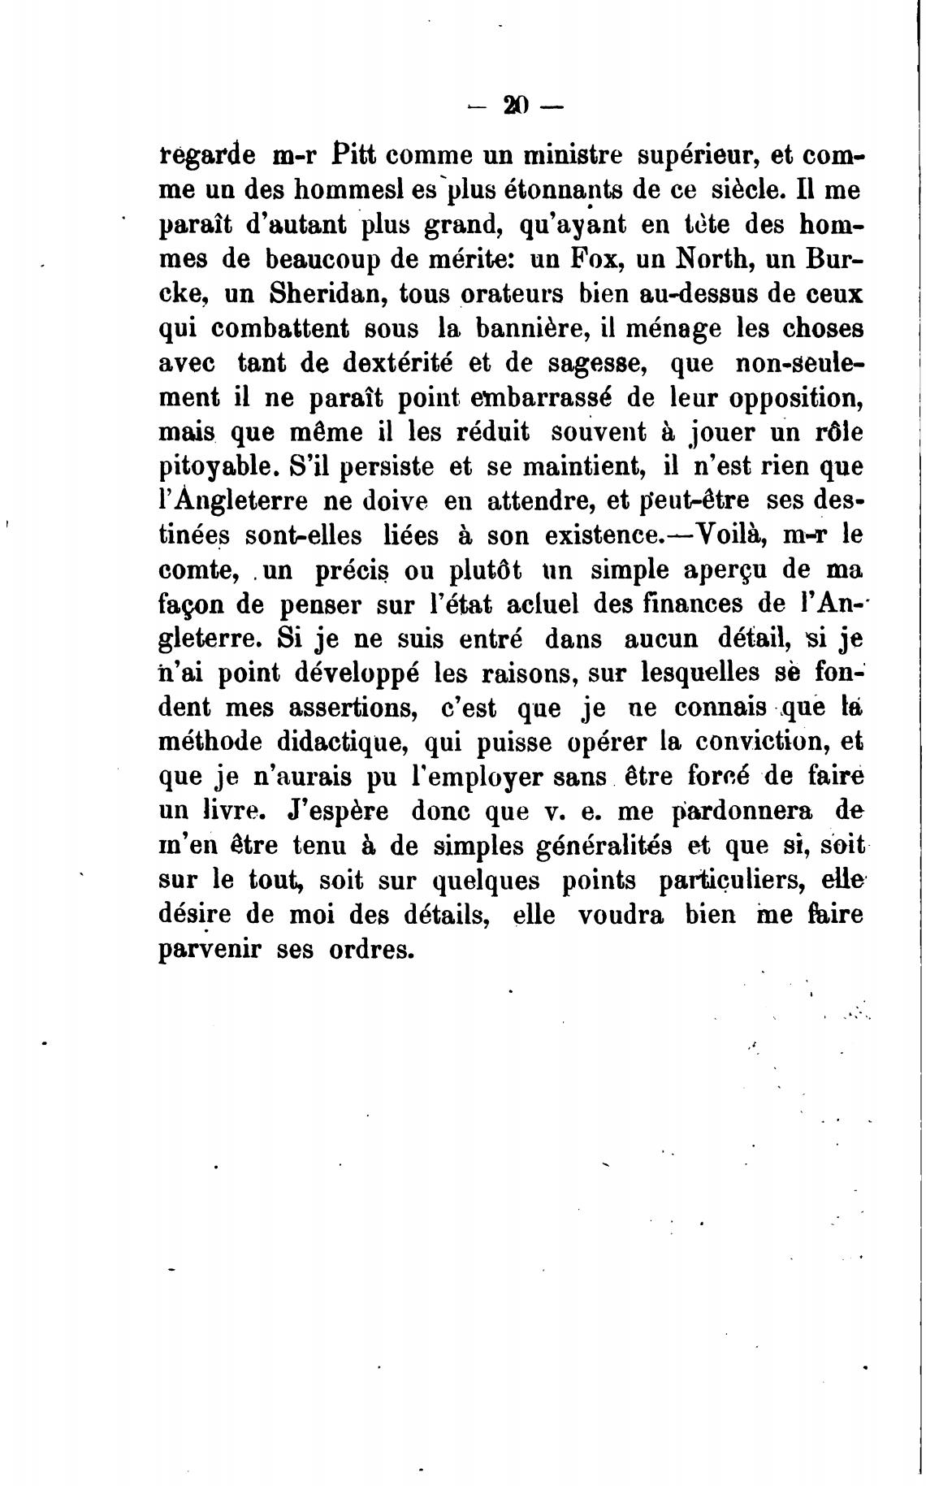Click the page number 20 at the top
516,106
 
